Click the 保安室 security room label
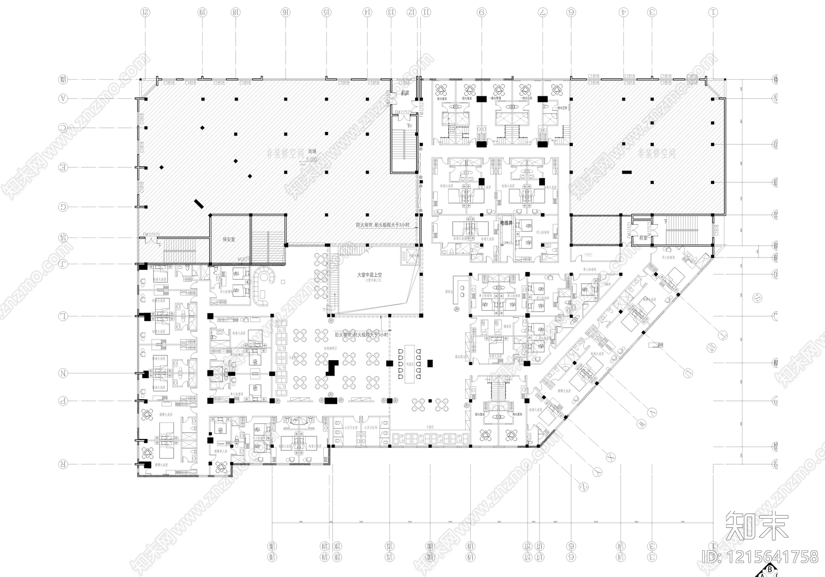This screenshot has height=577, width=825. [x=228, y=240]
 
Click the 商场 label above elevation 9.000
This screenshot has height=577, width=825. [x=312, y=152]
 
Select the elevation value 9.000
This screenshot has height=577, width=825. [x=311, y=159]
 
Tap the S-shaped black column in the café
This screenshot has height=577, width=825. [x=333, y=368]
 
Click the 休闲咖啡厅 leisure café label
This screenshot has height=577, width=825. [x=330, y=347]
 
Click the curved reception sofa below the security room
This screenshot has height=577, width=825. [x=265, y=286]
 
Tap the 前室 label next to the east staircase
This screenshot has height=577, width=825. [x=643, y=238]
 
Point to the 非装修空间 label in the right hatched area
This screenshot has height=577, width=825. [x=656, y=153]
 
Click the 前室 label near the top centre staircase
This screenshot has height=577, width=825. [x=405, y=94]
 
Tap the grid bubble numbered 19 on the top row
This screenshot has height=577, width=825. [x=203, y=11]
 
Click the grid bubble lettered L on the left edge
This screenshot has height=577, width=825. [x=63, y=316]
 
